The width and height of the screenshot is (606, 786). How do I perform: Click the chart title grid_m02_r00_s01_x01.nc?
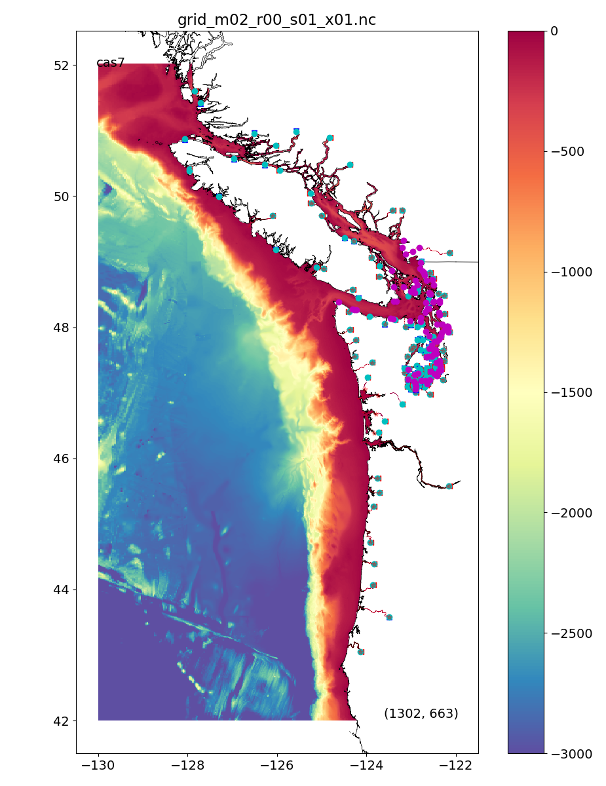[x=276, y=20]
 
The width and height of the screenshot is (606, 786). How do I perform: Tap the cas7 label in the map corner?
[x=110, y=63]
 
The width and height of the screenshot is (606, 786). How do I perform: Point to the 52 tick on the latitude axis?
[x=62, y=65]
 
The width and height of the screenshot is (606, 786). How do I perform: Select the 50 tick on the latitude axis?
[x=62, y=196]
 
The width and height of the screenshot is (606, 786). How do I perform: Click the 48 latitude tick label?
[x=62, y=327]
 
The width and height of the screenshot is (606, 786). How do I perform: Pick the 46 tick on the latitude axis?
[x=62, y=458]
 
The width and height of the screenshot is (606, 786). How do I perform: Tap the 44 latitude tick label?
[x=62, y=589]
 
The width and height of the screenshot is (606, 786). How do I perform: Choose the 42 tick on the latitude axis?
[x=62, y=720]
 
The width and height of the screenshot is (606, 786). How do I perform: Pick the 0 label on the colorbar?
[x=554, y=31]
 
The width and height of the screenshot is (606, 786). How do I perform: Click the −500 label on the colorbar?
[x=567, y=151]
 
